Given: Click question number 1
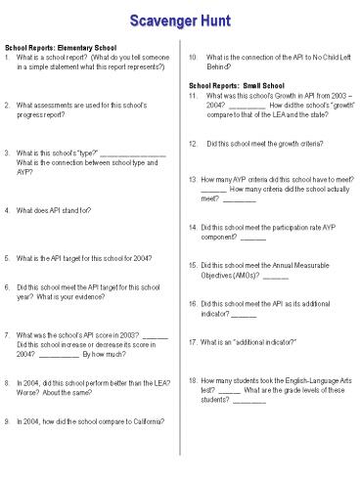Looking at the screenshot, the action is coord(9,58).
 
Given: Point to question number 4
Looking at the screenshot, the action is coord(9,210).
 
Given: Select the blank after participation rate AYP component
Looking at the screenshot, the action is coord(252,238).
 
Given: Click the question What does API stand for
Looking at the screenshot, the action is coord(55,210).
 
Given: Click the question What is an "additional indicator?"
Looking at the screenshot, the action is coord(248,342).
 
